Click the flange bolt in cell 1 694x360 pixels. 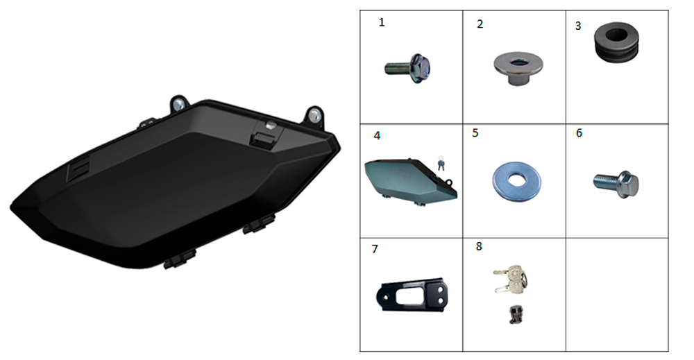click(x=408, y=69)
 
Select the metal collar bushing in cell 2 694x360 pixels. click(x=518, y=68)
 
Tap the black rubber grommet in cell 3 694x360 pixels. click(x=616, y=42)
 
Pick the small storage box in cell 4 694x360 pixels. click(x=410, y=181)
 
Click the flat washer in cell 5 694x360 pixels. click(x=516, y=181)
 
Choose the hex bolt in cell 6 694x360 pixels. click(x=616, y=184)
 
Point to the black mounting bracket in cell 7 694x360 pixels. click(x=412, y=295)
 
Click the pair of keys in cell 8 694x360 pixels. click(x=511, y=279)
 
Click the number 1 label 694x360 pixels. click(x=382, y=23)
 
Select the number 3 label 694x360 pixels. click(x=578, y=26)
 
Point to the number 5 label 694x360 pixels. click(x=475, y=133)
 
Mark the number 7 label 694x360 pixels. click(x=375, y=250)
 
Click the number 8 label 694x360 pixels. click(x=479, y=246)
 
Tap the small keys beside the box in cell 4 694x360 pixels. click(x=441, y=163)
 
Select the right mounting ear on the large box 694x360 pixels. click(x=314, y=114)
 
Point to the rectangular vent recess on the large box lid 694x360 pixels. click(x=79, y=168)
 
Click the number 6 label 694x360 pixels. click(x=579, y=133)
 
